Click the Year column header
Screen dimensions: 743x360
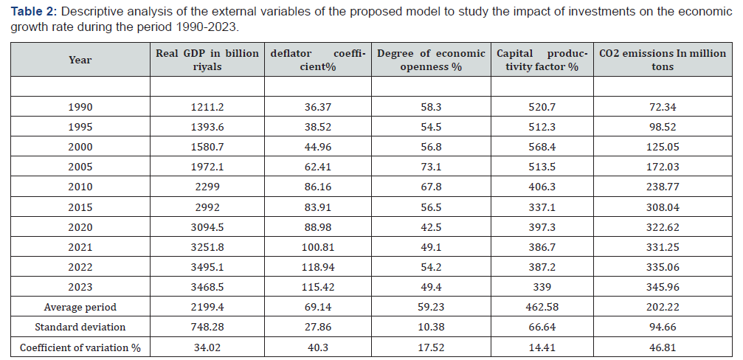pyautogui.click(x=80, y=60)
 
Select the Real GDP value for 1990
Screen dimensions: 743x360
pyautogui.click(x=207, y=107)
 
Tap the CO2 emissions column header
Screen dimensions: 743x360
pyautogui.click(x=663, y=60)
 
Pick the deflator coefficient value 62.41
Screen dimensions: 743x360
pyautogui.click(x=317, y=167)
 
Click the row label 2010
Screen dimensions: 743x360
pyautogui.click(x=80, y=187)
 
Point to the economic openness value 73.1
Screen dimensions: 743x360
pyautogui.click(x=431, y=167)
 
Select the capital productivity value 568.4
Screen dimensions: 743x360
pyautogui.click(x=542, y=147)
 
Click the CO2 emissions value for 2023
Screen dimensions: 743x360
pyautogui.click(x=663, y=287)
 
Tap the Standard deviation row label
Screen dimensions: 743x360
pyautogui.click(x=80, y=327)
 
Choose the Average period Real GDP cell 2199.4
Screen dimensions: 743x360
pyautogui.click(x=207, y=307)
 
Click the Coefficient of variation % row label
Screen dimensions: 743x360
pyautogui.click(x=80, y=347)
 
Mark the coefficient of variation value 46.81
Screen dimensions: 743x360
pyautogui.click(x=663, y=347)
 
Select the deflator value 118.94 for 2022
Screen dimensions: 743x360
pyautogui.click(x=317, y=267)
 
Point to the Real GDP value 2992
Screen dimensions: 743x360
pyautogui.click(x=207, y=207)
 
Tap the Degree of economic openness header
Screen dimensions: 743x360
pyautogui.click(x=431, y=60)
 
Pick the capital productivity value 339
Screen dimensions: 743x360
pyautogui.click(x=542, y=287)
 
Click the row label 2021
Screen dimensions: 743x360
pyautogui.click(x=80, y=247)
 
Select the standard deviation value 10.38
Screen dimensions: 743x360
pyautogui.click(x=431, y=327)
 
